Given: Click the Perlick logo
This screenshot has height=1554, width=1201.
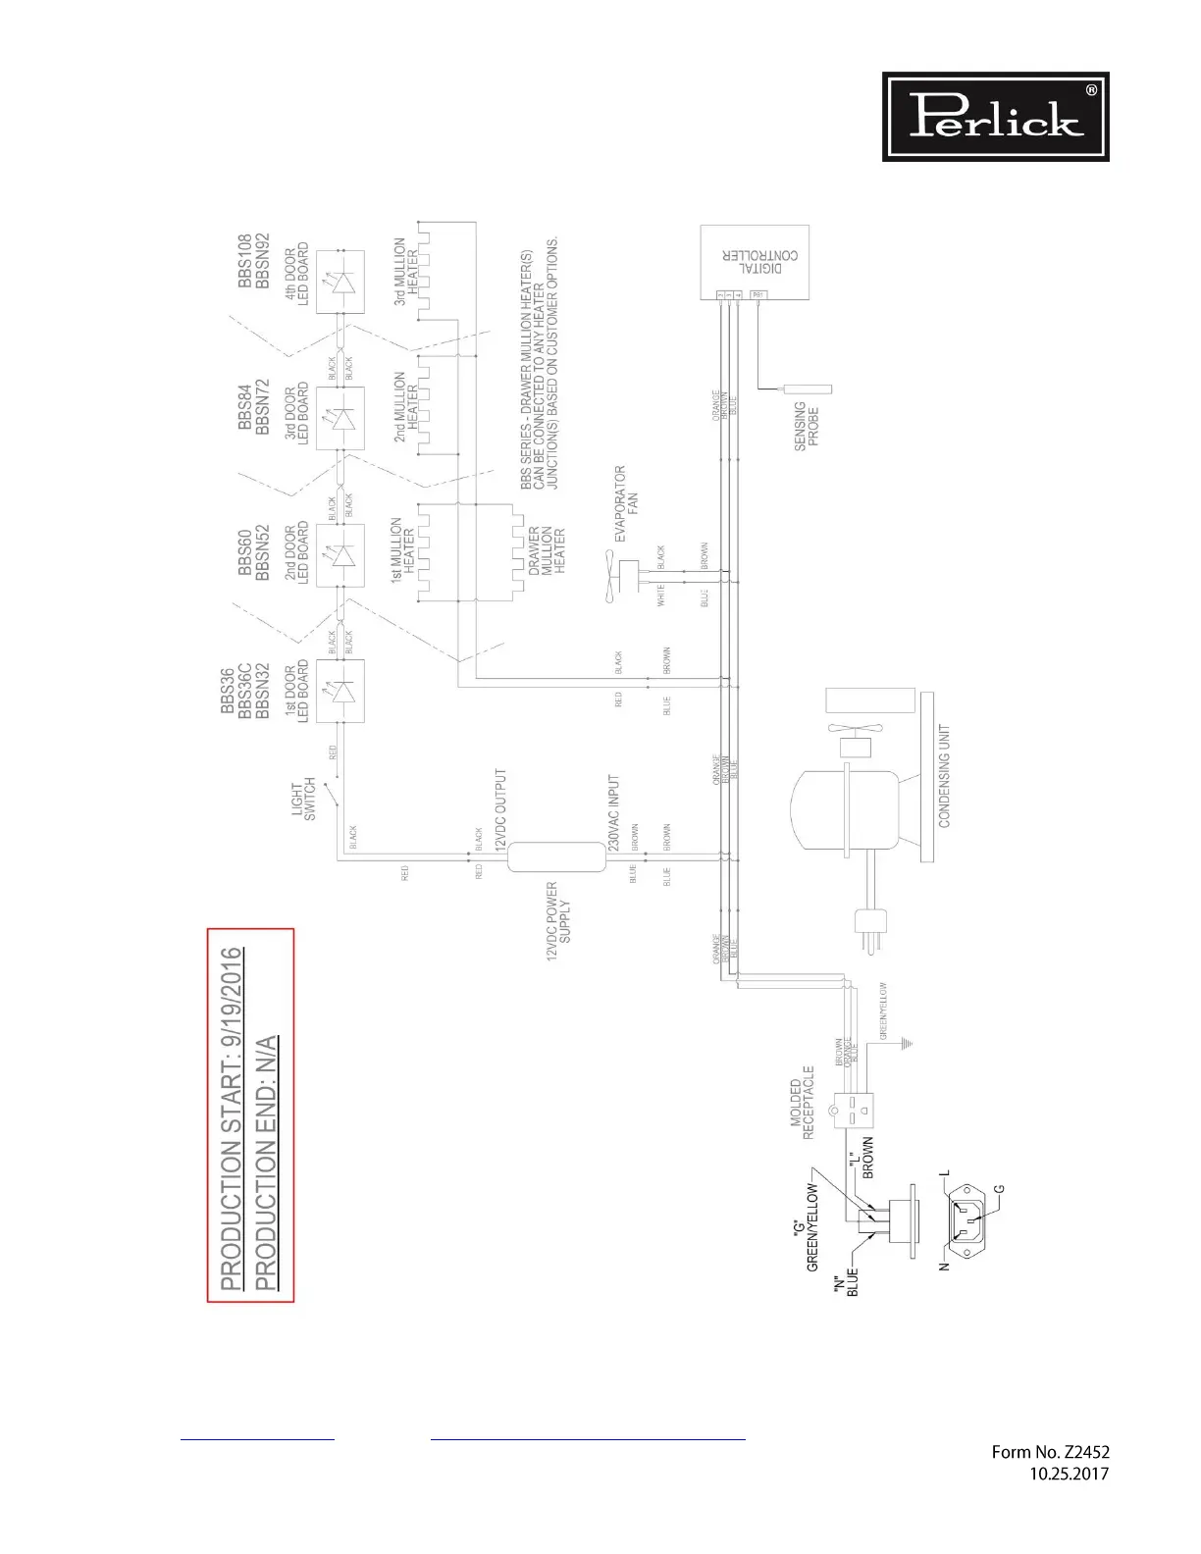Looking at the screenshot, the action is (x=995, y=117).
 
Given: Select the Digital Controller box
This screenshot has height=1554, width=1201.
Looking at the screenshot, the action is (x=754, y=262).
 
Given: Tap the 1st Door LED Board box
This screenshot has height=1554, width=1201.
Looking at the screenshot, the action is (x=340, y=691).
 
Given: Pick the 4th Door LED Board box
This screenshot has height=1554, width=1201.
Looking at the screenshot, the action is (x=340, y=282).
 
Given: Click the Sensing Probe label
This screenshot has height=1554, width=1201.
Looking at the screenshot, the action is (x=807, y=425).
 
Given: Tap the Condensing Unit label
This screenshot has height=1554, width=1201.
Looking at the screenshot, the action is (x=945, y=776).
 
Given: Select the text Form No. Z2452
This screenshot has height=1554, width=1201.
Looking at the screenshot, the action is (x=1050, y=1452).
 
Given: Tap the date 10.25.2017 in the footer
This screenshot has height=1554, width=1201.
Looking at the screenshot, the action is (x=1069, y=1474).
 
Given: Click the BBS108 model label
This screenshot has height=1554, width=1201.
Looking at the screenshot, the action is (x=244, y=262).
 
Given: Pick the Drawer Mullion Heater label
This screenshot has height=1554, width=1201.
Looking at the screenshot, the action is (x=547, y=551).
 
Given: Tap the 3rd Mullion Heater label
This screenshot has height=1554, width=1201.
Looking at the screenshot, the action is (x=406, y=271).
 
